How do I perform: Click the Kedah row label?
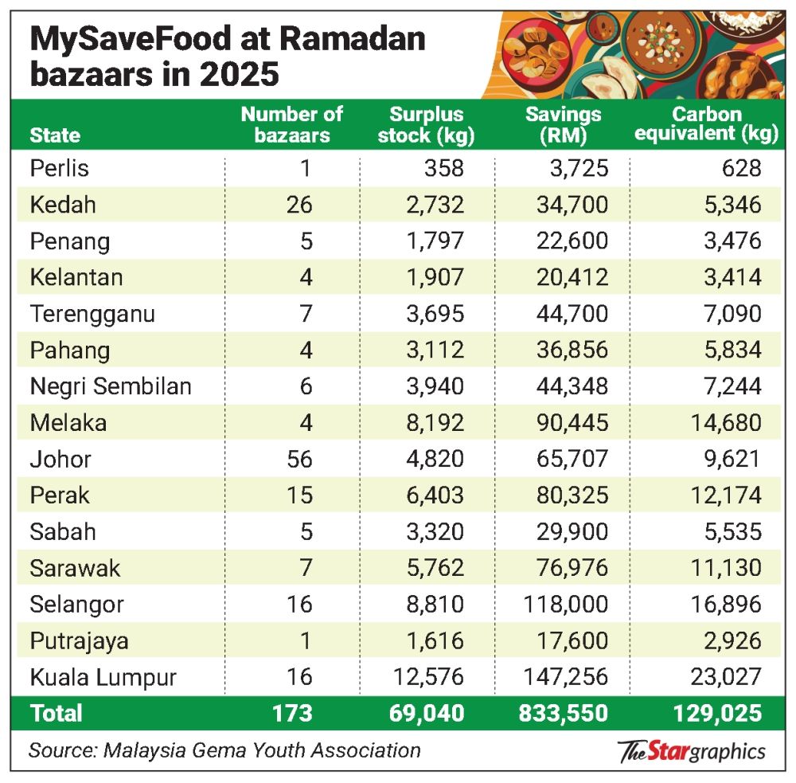[63, 205]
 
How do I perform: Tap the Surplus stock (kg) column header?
[426, 124]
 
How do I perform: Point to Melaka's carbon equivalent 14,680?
[717, 422]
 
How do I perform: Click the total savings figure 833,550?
[563, 712]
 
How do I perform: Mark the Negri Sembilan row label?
[111, 386]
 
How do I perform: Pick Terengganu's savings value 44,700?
[568, 314]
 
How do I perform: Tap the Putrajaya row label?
[79, 640]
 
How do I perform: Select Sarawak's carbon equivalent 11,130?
[717, 567]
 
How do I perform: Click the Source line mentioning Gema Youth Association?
[224, 750]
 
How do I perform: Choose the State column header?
[55, 135]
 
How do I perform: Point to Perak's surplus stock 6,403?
[434, 495]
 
